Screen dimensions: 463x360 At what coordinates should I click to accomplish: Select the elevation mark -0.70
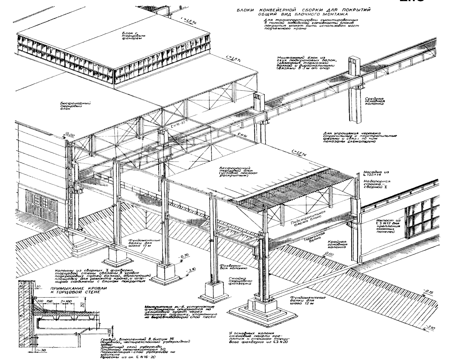tap(185, 258)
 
